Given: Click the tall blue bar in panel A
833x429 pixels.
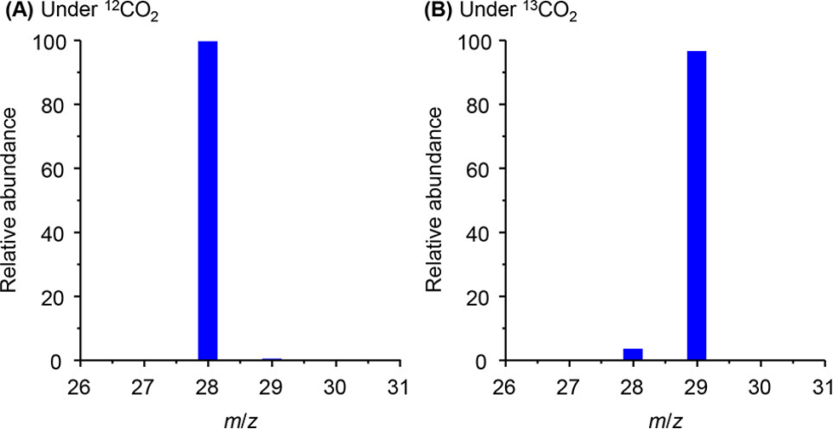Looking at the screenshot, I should pos(208,201).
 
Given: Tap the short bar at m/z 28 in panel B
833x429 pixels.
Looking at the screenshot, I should pos(633,354).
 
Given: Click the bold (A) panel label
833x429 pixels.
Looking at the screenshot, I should pos(19,13).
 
